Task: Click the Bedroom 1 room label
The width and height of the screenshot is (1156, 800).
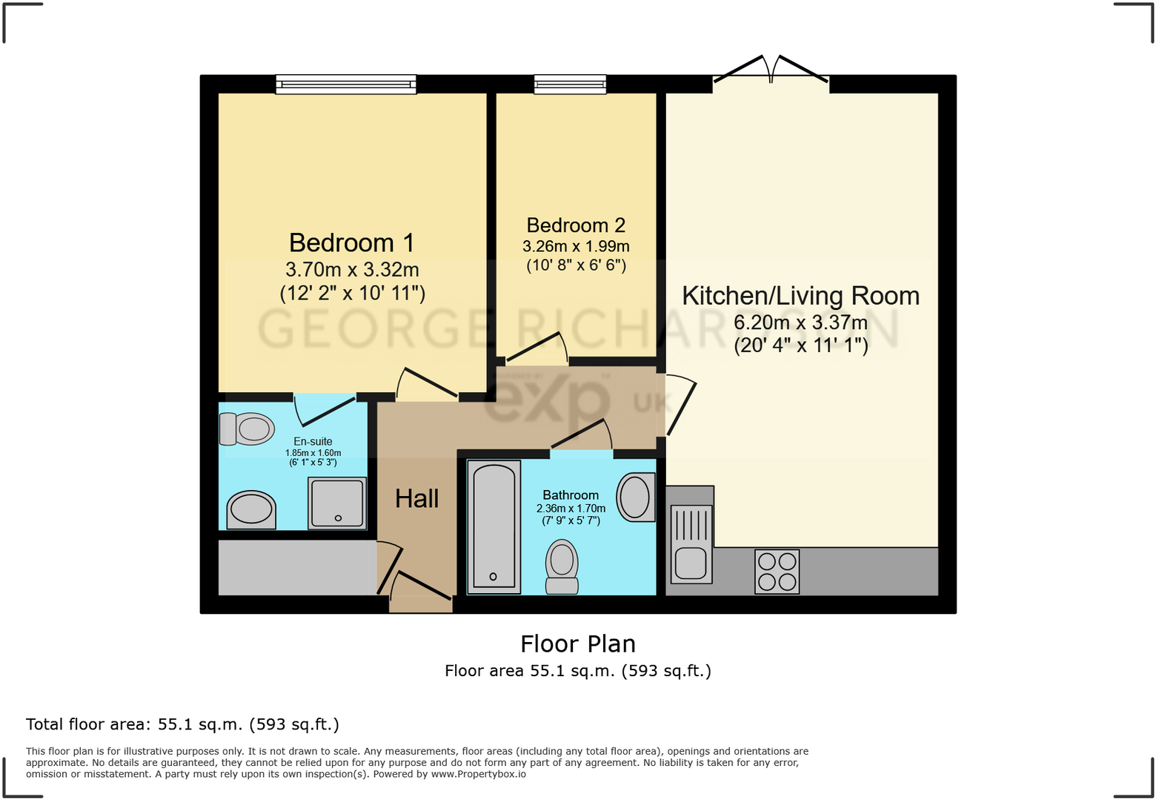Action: [351, 243]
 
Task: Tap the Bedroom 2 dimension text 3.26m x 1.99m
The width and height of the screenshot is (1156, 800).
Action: [576, 246]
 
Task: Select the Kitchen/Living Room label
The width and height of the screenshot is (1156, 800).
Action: [800, 296]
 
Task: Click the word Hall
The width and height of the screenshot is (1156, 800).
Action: [416, 499]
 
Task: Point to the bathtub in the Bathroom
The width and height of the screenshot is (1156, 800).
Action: [494, 526]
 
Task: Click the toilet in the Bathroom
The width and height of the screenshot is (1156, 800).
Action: [562, 566]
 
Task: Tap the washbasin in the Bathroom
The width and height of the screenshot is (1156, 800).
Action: [635, 497]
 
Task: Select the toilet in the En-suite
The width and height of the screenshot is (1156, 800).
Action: [247, 429]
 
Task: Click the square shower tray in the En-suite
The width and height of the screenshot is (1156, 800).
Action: [338, 503]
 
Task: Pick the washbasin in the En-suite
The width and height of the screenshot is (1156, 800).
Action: [250, 510]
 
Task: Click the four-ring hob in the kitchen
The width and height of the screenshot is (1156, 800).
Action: [777, 572]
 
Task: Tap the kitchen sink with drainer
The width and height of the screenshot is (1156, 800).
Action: [691, 543]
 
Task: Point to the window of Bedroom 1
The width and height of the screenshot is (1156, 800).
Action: [345, 85]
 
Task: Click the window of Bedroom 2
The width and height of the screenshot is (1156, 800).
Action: [570, 85]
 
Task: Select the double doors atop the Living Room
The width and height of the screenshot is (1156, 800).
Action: [771, 71]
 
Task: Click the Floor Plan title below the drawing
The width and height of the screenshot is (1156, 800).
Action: [578, 644]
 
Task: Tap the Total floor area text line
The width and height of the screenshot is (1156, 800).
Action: [182, 724]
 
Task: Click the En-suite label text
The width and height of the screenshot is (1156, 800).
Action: [313, 441]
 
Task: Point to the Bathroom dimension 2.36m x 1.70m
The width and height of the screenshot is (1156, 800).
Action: [571, 509]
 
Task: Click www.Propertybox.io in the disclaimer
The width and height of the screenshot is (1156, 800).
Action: [479, 774]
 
